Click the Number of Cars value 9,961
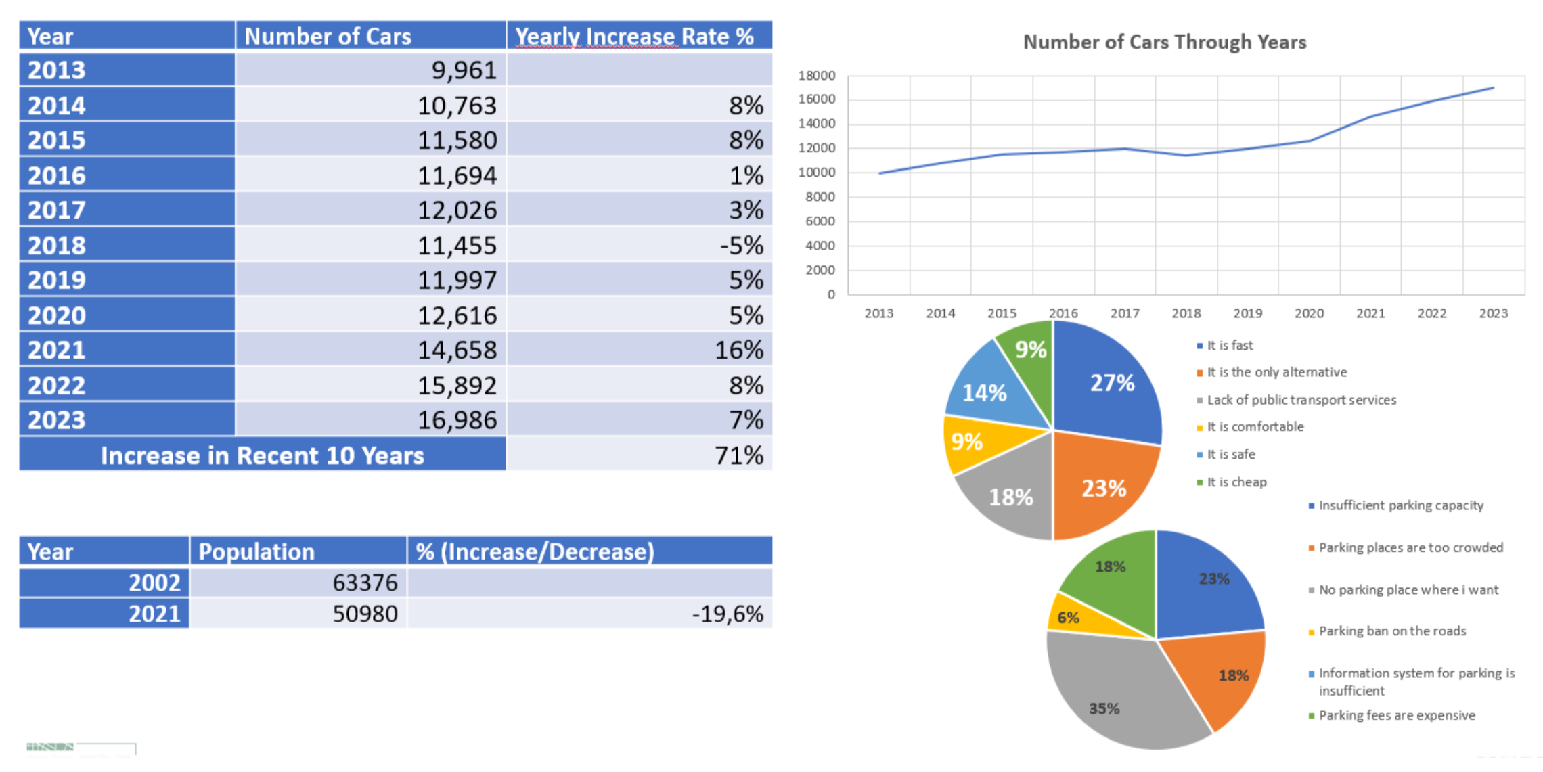464,70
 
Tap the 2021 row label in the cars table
57,350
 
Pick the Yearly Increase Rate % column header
634,37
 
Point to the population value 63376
365,583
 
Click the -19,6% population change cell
727,614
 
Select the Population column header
256,551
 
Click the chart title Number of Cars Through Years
1164,42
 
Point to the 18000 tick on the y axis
817,75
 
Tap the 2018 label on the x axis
1186,313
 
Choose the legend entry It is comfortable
1255,427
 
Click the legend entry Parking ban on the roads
1391,631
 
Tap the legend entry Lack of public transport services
1301,400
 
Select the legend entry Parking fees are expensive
1396,716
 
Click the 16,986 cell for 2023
457,420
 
